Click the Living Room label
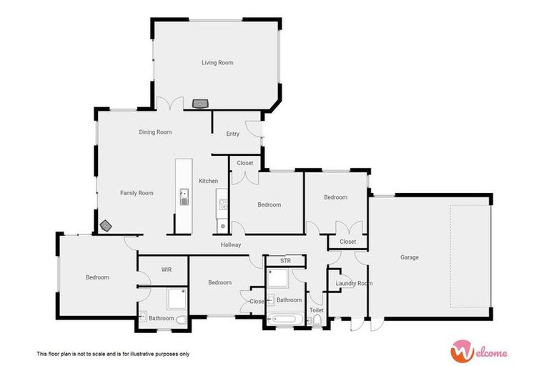pyautogui.click(x=217, y=63)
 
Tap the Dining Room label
pyautogui.click(x=155, y=132)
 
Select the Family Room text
pyautogui.click(x=137, y=193)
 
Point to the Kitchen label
pyautogui.click(x=208, y=181)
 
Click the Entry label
pyautogui.click(x=232, y=134)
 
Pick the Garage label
pyautogui.click(x=409, y=257)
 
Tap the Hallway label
pyautogui.click(x=231, y=245)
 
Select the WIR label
pyautogui.click(x=166, y=269)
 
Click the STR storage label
pyautogui.click(x=285, y=261)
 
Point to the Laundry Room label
pyautogui.click(x=354, y=284)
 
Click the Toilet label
pyautogui.click(x=316, y=310)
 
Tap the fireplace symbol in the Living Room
pyautogui.click(x=201, y=104)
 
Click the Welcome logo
pyautogui.click(x=479, y=351)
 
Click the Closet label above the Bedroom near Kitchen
pyautogui.click(x=245, y=163)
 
